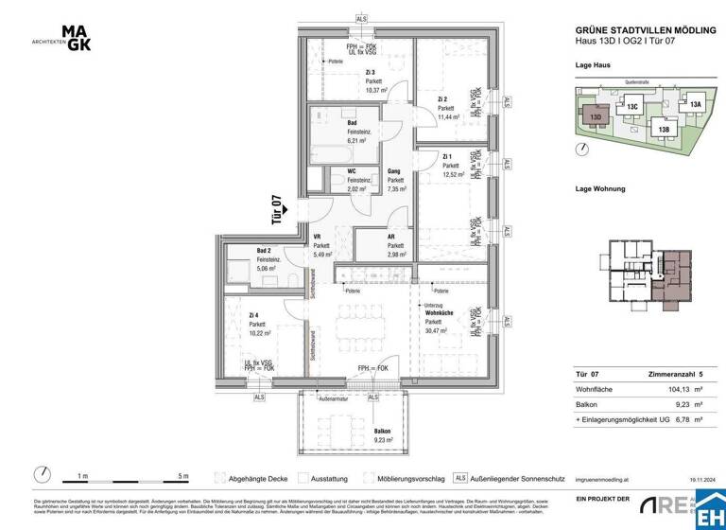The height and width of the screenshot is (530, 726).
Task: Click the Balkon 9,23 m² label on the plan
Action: [x=385, y=433]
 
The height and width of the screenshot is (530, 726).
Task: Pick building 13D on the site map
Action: [x=596, y=116]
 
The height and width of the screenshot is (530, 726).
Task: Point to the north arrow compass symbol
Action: [x=42, y=473]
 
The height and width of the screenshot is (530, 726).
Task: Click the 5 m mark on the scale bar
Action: [x=183, y=475]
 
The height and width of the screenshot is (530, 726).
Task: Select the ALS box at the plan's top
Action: [x=362, y=19]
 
